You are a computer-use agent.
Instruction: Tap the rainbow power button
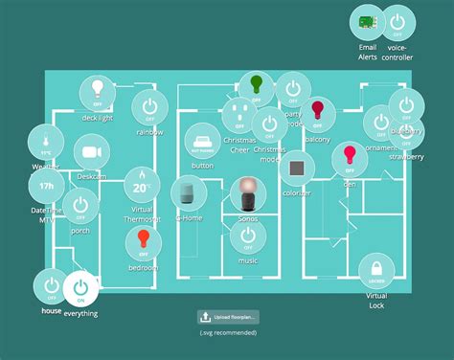tap(149, 106)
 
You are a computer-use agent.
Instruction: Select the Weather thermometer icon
tap(45, 145)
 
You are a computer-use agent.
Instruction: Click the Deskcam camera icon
tap(92, 153)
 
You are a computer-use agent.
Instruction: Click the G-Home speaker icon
tap(188, 192)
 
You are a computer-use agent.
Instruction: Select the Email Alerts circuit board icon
tap(367, 22)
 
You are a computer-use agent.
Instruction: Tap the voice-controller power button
tap(397, 22)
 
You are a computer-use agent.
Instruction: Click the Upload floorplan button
tap(227, 317)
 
